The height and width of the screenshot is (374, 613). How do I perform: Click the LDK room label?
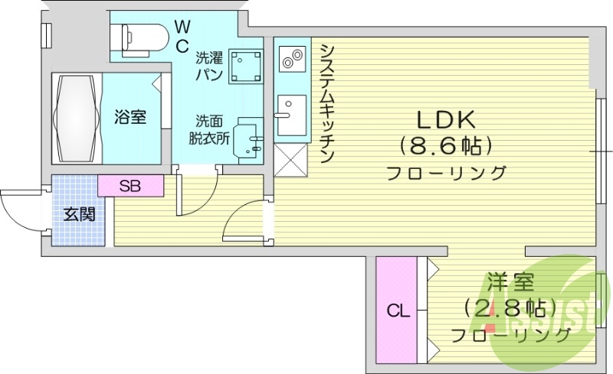446,119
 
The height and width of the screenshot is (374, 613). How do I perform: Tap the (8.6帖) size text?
445,145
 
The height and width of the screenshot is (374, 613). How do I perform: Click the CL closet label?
397,311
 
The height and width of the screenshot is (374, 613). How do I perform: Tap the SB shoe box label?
130,185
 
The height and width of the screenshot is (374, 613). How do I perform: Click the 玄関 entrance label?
79,214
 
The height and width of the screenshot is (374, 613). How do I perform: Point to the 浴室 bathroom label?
130,118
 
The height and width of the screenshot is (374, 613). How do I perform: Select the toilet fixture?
139,36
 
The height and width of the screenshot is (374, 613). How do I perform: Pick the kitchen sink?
290,115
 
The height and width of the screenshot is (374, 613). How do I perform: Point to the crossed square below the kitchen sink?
290,158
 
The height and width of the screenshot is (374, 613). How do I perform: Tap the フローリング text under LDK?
446,173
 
